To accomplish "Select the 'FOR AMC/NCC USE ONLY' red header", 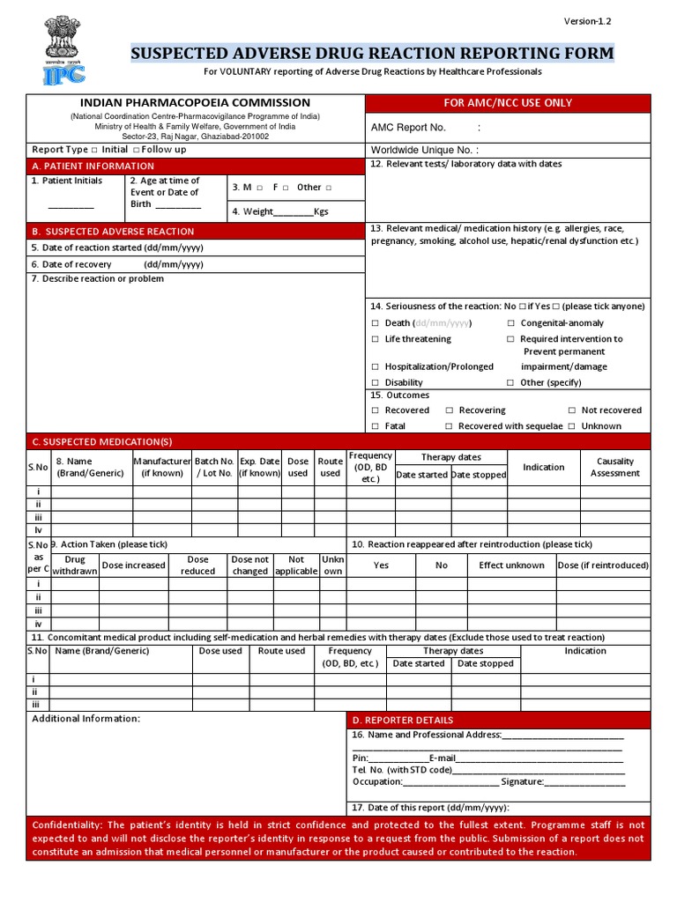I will tap(508, 103).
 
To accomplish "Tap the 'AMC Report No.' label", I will tap(408, 128).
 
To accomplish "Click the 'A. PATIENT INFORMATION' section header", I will tap(93, 166).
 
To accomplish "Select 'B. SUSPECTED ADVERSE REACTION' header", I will tap(113, 231).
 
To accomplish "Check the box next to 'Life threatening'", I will tap(376, 339).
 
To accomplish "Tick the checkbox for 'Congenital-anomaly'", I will tap(511, 323).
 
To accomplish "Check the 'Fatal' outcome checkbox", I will tap(376, 426).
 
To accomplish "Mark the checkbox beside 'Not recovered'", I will tap(572, 410).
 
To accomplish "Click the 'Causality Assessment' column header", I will tap(615, 467).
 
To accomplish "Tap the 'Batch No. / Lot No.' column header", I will tap(214, 467).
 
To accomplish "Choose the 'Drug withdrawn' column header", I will tap(75, 565).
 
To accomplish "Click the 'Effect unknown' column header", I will tap(511, 566).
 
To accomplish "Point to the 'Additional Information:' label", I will tap(86, 719).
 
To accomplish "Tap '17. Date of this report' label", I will tap(430, 808).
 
